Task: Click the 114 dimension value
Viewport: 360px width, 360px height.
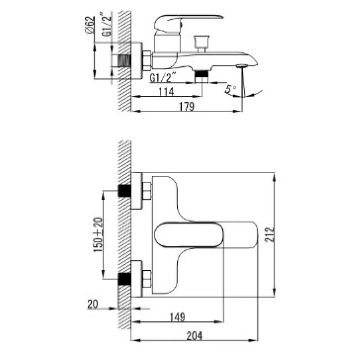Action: pos(166,92)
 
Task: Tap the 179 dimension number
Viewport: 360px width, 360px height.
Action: pos(186,106)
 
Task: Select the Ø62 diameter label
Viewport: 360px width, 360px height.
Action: pos(90,25)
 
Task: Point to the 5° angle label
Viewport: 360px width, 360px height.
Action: pos(230,89)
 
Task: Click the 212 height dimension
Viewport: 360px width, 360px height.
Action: pos(269,234)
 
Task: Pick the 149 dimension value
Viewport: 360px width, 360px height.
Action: pos(177,317)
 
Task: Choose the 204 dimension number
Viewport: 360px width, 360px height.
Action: pos(194,336)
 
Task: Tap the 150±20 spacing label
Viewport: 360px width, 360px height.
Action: pos(98,234)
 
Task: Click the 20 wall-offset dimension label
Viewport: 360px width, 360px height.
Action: pos(93,305)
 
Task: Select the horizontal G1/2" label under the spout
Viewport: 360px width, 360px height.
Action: pos(163,78)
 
